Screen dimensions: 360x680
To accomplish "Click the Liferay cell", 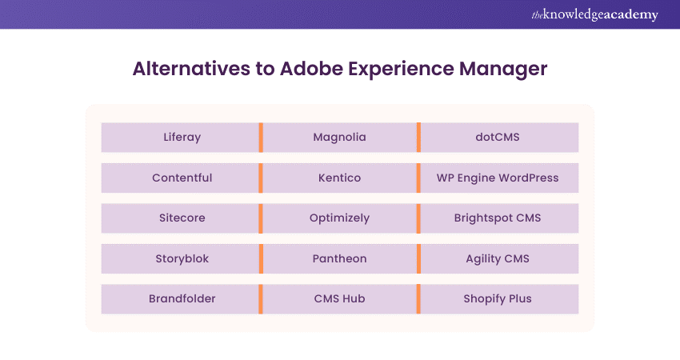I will (182, 137).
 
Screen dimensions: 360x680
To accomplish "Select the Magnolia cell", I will (339, 137).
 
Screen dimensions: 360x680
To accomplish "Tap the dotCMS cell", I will (498, 137).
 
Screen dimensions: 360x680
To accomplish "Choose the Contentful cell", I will (182, 178).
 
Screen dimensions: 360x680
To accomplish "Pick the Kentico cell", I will (339, 178).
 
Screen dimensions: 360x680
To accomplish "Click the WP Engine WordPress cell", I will (498, 178).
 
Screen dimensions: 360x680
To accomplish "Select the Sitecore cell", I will (182, 218).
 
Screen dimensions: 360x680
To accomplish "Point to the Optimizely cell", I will (339, 218).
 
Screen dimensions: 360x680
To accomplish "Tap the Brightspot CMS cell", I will (498, 218).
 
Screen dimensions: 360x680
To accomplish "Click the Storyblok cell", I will (182, 258).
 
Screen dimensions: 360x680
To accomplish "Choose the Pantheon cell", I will (339, 258).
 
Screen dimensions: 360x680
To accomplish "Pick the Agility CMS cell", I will (498, 258).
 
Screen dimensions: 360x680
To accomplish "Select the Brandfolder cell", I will (182, 299).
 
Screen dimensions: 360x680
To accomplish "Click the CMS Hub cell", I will (339, 299).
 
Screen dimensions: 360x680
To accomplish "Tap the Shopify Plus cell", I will (498, 299).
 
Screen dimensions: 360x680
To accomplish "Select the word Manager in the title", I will (502, 69).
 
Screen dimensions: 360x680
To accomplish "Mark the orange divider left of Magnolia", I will (261, 137).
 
